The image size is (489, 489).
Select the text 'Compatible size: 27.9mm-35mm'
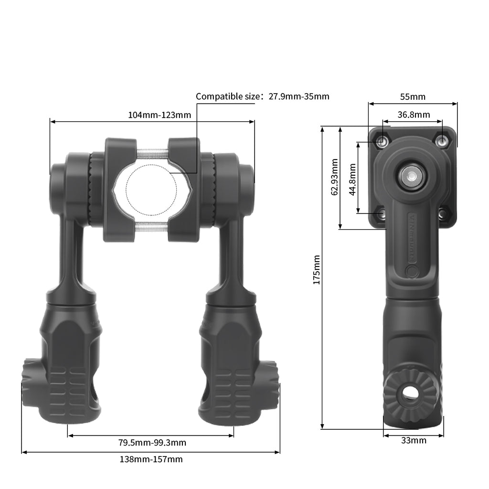tap(262, 96)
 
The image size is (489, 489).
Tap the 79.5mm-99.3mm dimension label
tap(152, 443)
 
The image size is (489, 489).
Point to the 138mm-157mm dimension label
tap(151, 459)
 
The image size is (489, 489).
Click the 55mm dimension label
tap(413, 97)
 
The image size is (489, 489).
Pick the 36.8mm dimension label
tap(414, 115)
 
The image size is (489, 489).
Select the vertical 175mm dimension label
tap(316, 269)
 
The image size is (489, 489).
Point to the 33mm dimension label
tap(414, 440)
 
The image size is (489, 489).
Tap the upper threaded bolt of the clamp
tap(152, 153)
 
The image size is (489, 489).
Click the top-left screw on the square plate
tap(382, 141)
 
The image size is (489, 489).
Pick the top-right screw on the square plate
tap(443, 141)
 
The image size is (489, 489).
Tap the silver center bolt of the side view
tap(410, 175)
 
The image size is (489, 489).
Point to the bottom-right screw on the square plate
tap(442, 214)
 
